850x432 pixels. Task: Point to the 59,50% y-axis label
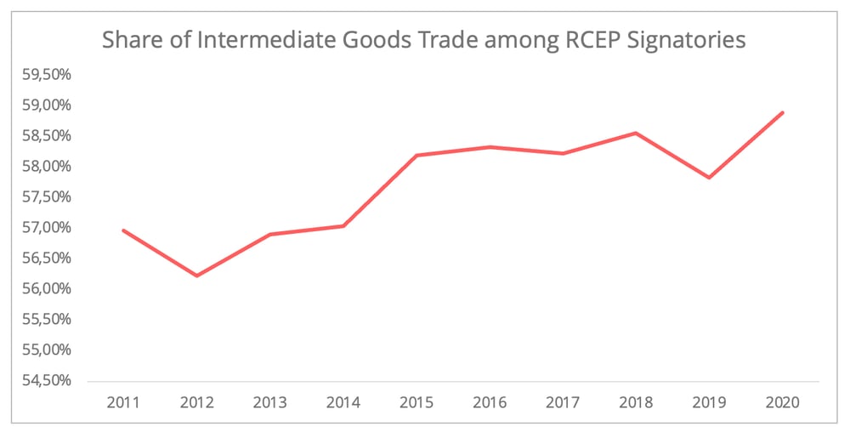point(47,74)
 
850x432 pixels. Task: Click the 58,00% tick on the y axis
point(47,166)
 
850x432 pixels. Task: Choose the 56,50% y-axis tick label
point(47,258)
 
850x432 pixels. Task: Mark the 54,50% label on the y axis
point(47,380)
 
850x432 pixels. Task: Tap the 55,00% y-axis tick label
point(47,350)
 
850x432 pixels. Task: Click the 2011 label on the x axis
point(123,401)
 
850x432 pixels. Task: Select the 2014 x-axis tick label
point(343,401)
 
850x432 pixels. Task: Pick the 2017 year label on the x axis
point(562,401)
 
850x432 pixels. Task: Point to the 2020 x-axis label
point(782,401)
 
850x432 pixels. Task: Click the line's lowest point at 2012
point(196,276)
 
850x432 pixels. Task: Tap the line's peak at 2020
point(782,112)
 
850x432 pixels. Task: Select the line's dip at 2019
point(709,178)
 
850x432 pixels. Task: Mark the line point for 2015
point(416,155)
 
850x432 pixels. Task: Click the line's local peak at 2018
point(636,133)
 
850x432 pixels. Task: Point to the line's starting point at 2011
point(123,230)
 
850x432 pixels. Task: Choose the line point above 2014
point(343,225)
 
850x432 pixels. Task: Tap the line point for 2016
point(490,147)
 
